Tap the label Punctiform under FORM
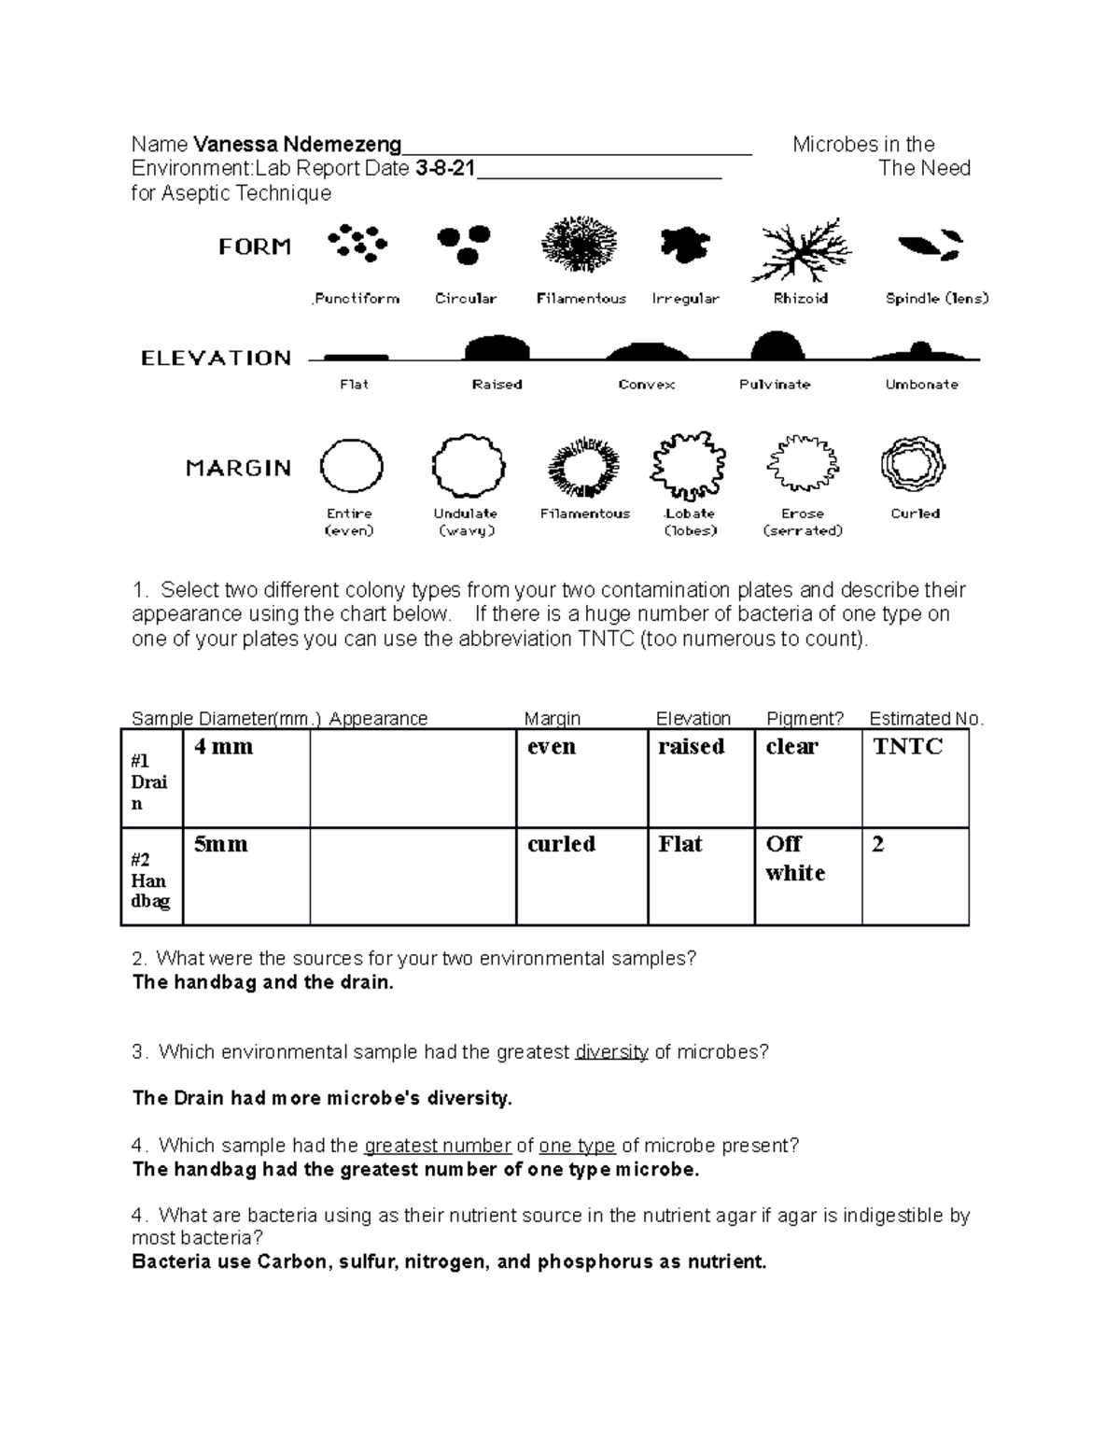(357, 299)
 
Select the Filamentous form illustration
(580, 245)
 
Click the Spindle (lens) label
(936, 299)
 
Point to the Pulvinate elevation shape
(777, 345)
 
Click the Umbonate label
(921, 385)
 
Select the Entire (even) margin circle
(351, 466)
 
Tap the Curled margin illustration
(913, 463)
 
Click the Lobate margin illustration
(689, 465)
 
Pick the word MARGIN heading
(238, 469)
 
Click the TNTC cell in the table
(907, 747)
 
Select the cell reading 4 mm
(223, 747)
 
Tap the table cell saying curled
(561, 844)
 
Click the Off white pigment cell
(794, 858)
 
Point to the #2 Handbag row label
(149, 880)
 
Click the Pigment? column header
(805, 719)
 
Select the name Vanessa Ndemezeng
(297, 145)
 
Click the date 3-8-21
(445, 169)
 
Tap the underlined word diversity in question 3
(611, 1052)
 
